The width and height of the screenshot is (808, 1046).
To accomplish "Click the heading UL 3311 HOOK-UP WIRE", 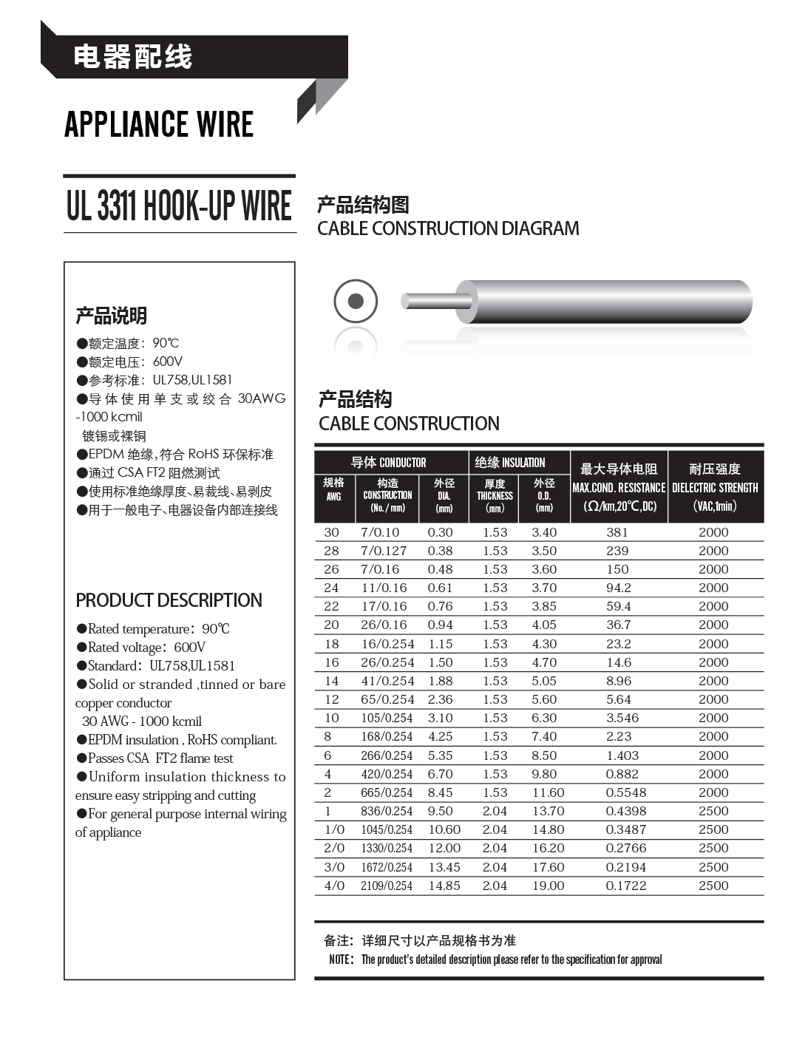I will [x=179, y=206].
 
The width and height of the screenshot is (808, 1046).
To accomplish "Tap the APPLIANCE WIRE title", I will [x=159, y=124].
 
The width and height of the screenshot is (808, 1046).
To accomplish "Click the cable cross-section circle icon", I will [x=356, y=302].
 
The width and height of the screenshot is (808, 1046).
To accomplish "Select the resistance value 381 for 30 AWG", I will [x=617, y=532].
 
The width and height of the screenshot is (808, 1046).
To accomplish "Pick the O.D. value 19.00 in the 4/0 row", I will [x=548, y=886].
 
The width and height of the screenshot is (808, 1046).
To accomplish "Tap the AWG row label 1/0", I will [x=334, y=829].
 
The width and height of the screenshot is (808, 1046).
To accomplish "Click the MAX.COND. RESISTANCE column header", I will [x=619, y=487].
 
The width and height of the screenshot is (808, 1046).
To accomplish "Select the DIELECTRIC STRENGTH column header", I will [x=715, y=487].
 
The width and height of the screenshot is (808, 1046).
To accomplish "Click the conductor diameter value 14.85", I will [x=444, y=886].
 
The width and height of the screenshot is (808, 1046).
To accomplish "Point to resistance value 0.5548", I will [x=625, y=792].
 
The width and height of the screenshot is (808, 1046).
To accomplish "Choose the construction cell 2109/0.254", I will [x=387, y=886].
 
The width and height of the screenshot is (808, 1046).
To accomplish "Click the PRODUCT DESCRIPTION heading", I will [x=169, y=600].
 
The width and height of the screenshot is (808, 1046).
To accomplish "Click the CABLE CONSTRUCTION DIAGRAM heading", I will [x=448, y=228].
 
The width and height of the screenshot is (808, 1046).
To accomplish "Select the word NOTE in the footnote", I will [x=341, y=960].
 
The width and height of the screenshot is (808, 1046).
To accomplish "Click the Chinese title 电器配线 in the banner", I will [x=133, y=57].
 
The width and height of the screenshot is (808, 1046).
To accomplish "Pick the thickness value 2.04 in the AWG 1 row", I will [x=495, y=811].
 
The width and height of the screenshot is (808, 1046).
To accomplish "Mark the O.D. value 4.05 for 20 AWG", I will [x=544, y=625].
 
